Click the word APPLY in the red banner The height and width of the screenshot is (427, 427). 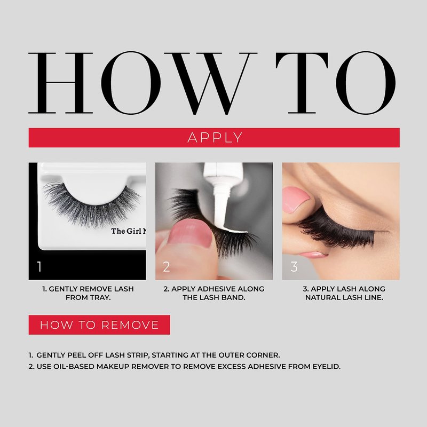click(215, 138)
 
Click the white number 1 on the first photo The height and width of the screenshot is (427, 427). click(39, 266)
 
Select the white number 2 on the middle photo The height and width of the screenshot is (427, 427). click(167, 266)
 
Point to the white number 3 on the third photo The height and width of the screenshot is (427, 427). click(294, 266)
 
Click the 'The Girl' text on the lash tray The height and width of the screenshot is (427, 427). click(126, 231)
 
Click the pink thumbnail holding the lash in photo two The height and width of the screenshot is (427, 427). click(190, 234)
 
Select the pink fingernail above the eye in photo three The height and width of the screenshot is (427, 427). click(296, 199)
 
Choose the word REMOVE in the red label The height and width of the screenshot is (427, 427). click(130, 325)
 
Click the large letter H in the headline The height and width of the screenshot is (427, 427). click(60, 83)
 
